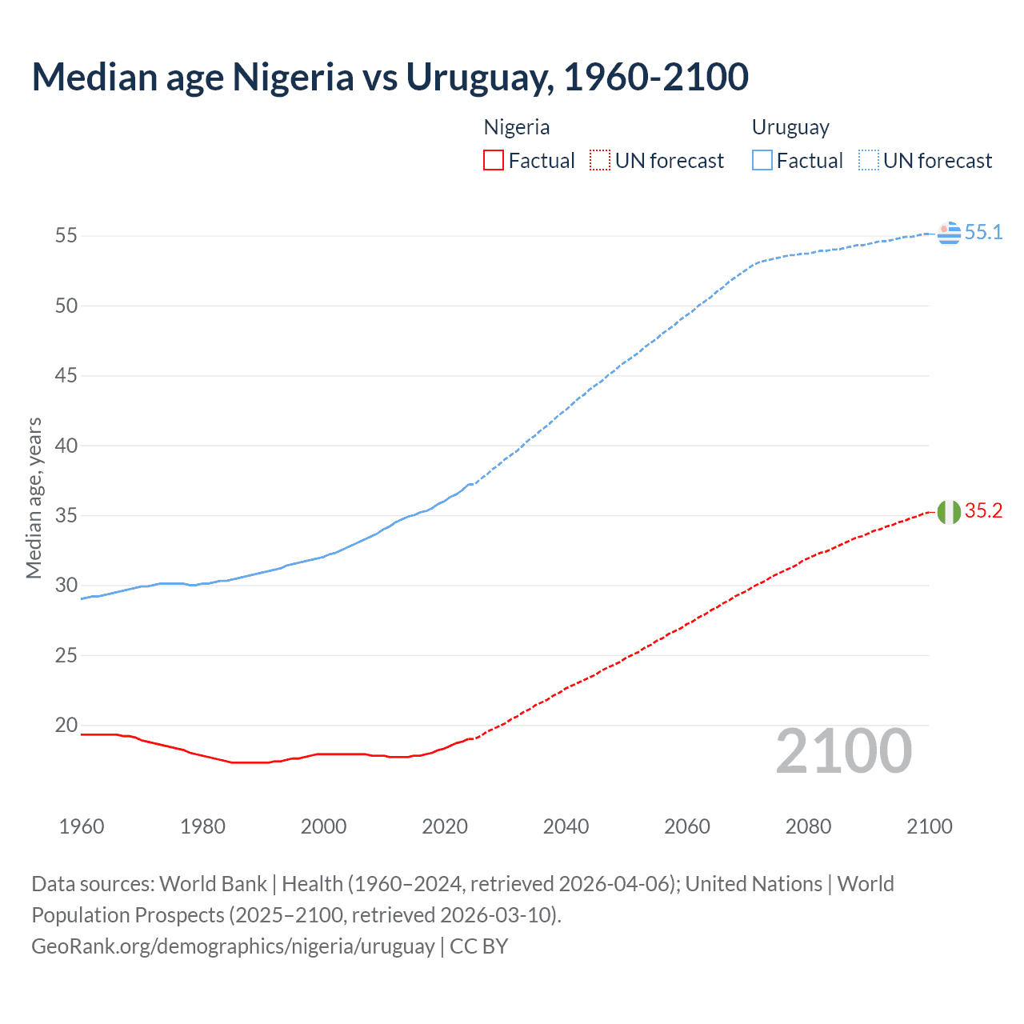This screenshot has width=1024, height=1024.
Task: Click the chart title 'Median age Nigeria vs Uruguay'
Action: [390, 78]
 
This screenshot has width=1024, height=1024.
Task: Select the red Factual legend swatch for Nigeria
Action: [494, 160]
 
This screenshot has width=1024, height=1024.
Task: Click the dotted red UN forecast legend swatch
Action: [600, 160]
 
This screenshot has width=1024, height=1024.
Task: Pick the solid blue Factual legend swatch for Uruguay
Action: [762, 160]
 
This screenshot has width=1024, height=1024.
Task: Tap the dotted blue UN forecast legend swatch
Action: [868, 160]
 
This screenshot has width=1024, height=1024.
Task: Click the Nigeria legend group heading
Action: [517, 127]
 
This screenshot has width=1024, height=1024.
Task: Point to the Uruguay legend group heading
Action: [790, 127]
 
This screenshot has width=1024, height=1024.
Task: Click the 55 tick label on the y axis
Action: [66, 235]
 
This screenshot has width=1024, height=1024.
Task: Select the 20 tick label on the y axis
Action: [66, 726]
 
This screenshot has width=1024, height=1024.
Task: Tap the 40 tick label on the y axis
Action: [66, 446]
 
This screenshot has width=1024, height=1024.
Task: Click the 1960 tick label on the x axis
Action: [82, 826]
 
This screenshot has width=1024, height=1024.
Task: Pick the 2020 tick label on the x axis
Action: [445, 826]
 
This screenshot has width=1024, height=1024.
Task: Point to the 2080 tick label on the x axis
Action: [808, 826]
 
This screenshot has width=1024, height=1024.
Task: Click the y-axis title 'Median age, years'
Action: [34, 498]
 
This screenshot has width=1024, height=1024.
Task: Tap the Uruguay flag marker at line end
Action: [949, 233]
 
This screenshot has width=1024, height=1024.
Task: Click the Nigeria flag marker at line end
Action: [949, 512]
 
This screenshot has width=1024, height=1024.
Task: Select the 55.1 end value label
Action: [983, 232]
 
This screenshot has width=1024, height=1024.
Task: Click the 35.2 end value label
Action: [983, 511]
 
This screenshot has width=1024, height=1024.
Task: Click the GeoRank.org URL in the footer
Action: [233, 946]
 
